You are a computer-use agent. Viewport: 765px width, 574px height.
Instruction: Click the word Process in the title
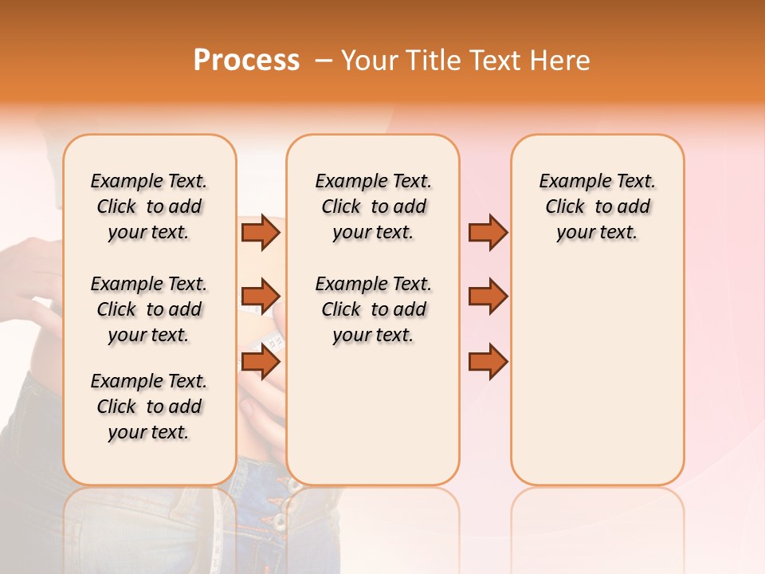(246, 61)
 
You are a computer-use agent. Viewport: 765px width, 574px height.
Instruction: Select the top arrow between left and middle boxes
(261, 232)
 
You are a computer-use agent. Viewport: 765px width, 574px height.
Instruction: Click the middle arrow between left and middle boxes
(261, 297)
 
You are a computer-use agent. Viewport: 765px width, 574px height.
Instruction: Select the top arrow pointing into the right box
(488, 232)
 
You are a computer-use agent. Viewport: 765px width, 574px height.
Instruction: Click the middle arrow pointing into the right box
(488, 297)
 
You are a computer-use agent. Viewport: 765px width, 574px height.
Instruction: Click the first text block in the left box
(149, 206)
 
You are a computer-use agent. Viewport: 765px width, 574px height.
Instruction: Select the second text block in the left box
(149, 309)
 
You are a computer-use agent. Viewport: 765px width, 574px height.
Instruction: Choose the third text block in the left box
(149, 407)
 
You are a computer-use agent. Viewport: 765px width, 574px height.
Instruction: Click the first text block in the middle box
(373, 206)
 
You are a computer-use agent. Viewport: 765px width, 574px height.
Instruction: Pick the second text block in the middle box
(373, 309)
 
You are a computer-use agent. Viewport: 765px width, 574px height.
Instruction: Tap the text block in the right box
(597, 206)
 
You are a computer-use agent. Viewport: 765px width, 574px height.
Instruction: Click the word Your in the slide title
(370, 61)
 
